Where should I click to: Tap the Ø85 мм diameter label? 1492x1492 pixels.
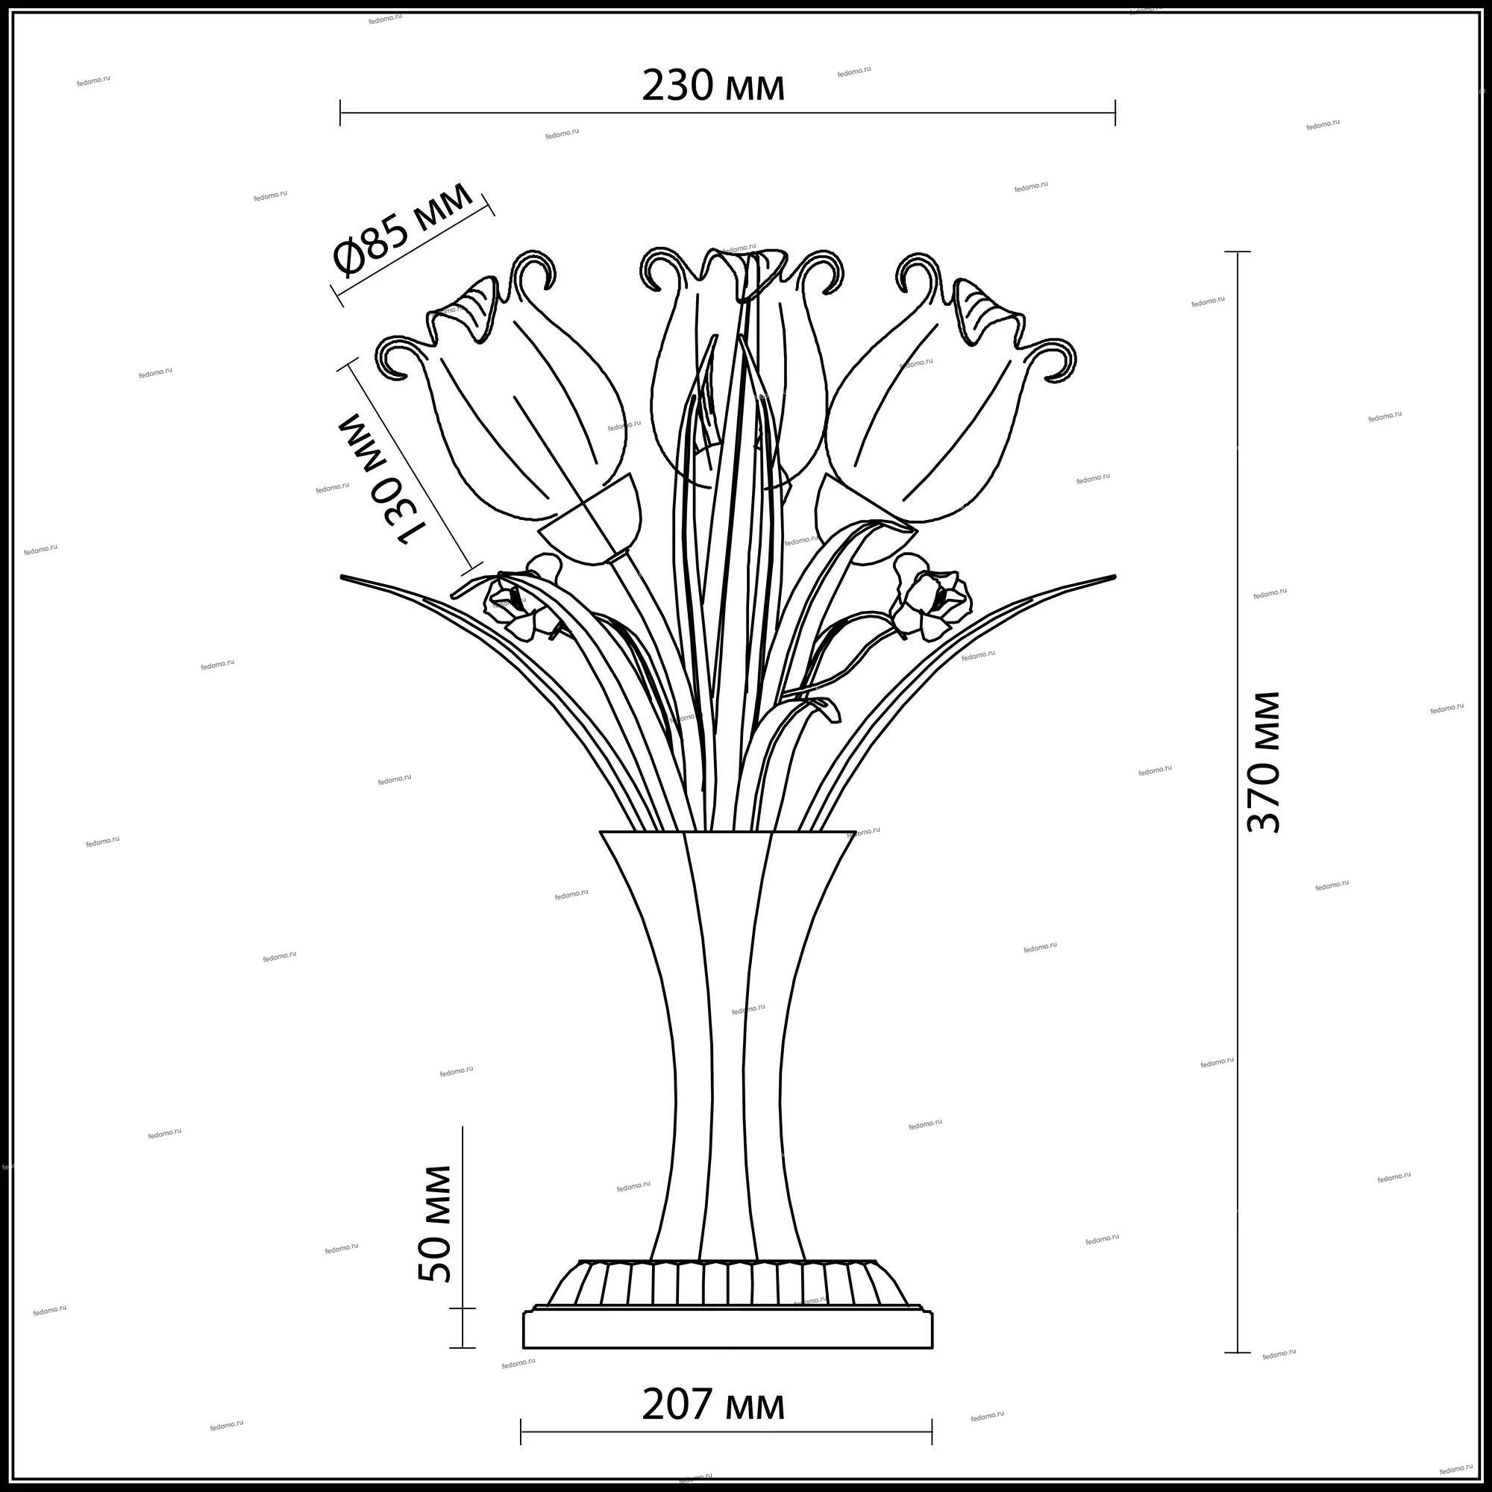click(402, 229)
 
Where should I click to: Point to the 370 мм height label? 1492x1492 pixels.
click(1264, 762)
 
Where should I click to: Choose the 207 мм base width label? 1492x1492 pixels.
click(714, 1405)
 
